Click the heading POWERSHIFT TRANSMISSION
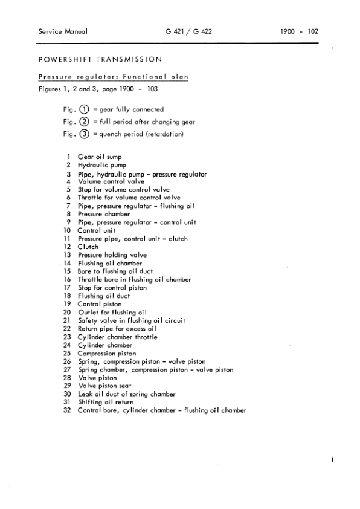(100, 59)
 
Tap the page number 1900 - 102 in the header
(299, 32)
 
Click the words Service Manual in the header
(62, 32)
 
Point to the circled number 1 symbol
(84, 110)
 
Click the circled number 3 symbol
(84, 134)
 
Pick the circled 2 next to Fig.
(84, 122)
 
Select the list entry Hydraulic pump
(102, 165)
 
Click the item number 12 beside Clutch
(68, 247)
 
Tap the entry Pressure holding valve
(112, 255)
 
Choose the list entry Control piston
(100, 305)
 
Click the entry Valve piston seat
(104, 386)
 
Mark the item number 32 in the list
(68, 411)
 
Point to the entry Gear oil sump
(100, 157)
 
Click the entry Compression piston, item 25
(107, 354)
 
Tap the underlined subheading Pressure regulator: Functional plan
(114, 77)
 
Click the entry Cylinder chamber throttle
(118, 337)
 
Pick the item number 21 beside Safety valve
(68, 321)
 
